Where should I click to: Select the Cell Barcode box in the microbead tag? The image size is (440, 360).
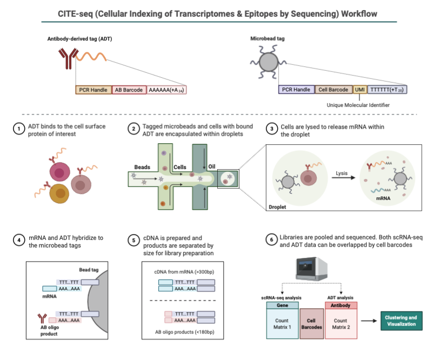[x=333, y=90]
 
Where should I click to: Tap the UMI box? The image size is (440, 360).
[x=359, y=90]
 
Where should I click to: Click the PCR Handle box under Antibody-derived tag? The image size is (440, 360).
[x=94, y=90]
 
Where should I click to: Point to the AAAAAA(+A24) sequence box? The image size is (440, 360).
[x=166, y=90]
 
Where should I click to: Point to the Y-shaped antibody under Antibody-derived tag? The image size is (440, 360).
[x=66, y=58]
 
